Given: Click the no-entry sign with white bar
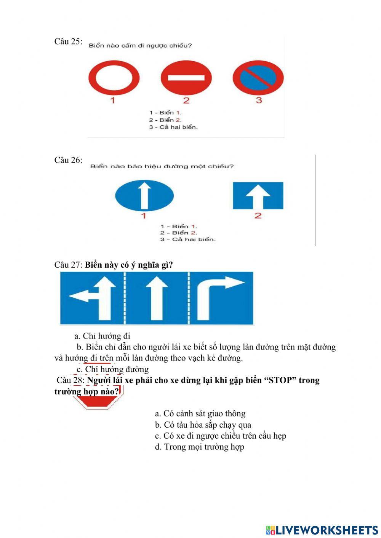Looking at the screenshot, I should tap(186, 78).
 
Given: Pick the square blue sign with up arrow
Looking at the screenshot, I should tap(258, 195).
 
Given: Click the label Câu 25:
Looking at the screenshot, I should tap(68, 42).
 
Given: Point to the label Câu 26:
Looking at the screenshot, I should tap(68, 160).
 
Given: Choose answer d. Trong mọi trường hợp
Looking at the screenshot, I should tap(199, 447).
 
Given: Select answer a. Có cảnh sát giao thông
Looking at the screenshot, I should tap(200, 413).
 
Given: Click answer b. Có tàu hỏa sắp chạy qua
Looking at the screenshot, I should tap(203, 425).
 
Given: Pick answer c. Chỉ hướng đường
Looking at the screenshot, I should tap(112, 369).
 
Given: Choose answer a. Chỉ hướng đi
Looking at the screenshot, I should tap(102, 336).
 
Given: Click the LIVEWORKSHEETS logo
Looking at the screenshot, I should tap(322, 530).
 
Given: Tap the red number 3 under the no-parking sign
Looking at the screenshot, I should tap(259, 100).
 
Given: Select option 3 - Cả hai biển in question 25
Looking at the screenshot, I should tap(173, 127).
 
